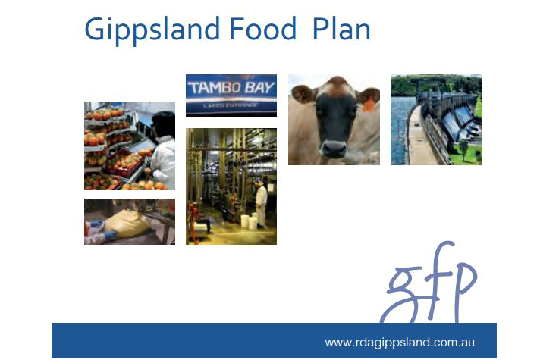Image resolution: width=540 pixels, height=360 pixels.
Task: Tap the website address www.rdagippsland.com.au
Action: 400,343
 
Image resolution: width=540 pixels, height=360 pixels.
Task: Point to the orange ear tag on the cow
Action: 368,105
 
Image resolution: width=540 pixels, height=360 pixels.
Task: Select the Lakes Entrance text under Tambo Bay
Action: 230,105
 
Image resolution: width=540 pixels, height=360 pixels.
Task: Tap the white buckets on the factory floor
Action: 249,221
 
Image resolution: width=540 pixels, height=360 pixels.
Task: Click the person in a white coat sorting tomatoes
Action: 163,152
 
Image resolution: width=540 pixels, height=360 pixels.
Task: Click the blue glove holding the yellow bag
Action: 108,236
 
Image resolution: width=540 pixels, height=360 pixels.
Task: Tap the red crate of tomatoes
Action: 124,164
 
